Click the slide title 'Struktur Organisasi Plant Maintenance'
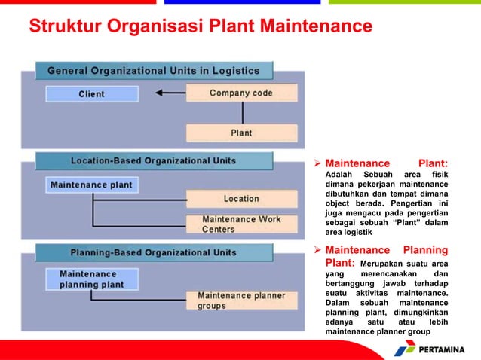click(201, 27)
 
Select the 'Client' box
click(92, 94)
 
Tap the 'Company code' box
click(241, 93)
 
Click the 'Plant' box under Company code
click(241, 133)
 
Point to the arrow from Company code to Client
click(170, 94)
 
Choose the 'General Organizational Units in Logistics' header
click(153, 71)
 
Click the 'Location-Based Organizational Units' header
click(153, 161)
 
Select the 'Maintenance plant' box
click(90, 185)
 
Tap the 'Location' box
click(241, 199)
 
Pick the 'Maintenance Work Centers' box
click(241, 224)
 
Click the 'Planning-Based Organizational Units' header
click(153, 252)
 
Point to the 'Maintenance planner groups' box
click(241, 301)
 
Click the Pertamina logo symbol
click(405, 348)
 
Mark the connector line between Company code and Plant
click(242, 113)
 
